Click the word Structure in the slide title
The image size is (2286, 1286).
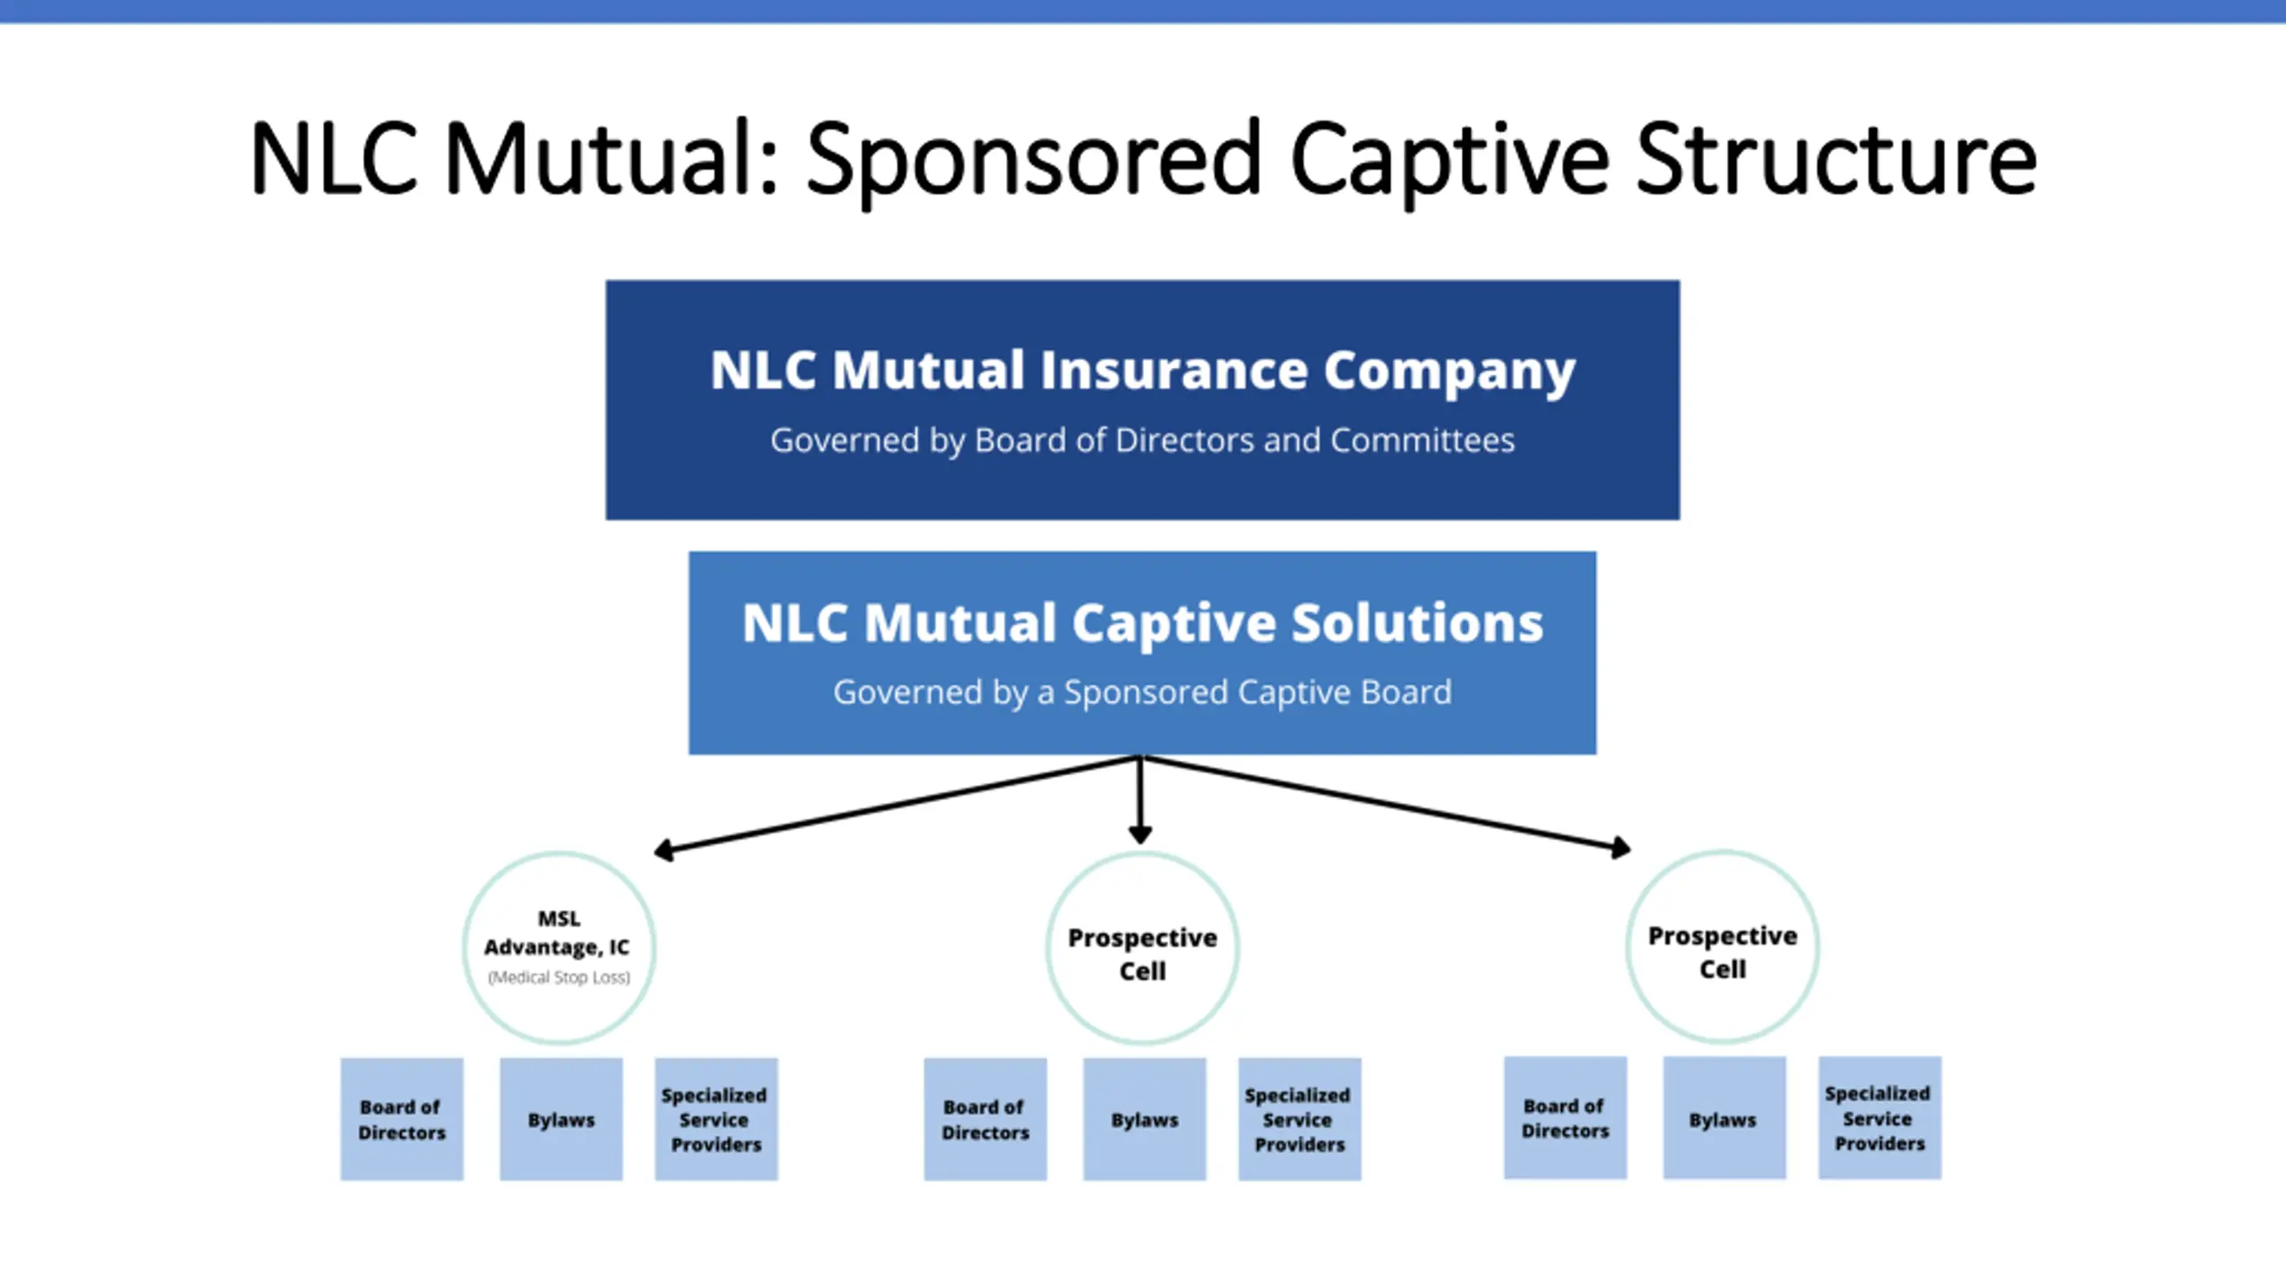[1836, 158]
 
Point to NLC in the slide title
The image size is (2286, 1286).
[334, 158]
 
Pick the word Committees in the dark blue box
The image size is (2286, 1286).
[1422, 440]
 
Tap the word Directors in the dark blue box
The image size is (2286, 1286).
[1186, 440]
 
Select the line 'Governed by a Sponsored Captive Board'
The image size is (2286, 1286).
[1142, 693]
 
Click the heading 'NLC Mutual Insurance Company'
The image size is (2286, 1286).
[1143, 372]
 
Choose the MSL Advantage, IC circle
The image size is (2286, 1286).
[559, 854]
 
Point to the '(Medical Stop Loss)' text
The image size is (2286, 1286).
[559, 977]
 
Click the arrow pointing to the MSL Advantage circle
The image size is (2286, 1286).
[897, 804]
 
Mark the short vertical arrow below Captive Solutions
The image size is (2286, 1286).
[1140, 800]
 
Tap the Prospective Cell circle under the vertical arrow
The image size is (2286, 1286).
[1142, 854]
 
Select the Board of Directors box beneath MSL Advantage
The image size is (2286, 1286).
[402, 1119]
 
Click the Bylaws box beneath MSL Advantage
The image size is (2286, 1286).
[561, 1119]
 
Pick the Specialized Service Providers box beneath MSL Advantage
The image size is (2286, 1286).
[716, 1119]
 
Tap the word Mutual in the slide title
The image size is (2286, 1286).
[611, 158]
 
